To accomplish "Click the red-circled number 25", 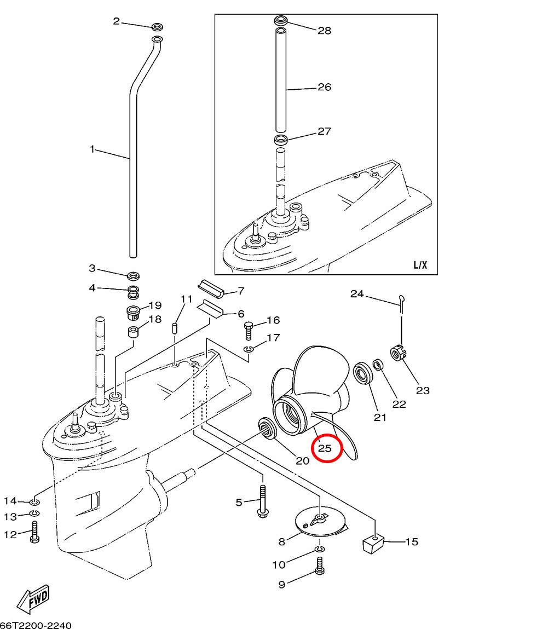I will point(326,448).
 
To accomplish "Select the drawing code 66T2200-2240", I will point(36,625).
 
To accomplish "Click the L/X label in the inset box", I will point(420,266).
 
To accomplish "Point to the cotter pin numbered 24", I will point(401,303).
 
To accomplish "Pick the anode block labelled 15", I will point(372,543).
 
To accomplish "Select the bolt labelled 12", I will point(34,532).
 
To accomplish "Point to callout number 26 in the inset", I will point(325,87).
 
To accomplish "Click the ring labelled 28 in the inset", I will point(281,21).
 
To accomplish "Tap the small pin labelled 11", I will point(176,328).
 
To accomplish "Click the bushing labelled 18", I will point(132,332).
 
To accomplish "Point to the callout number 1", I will point(93,149).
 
